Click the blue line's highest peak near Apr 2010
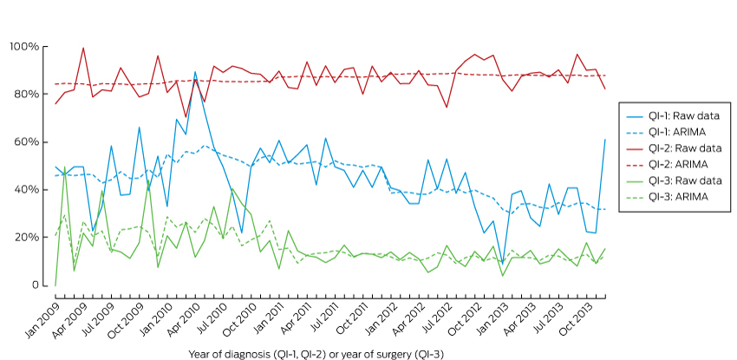195,72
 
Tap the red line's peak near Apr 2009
83,48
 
